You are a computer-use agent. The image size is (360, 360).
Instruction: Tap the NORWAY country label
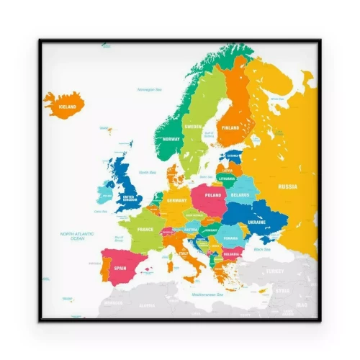pos(171,139)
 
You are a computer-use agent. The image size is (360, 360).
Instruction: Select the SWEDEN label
pos(193,127)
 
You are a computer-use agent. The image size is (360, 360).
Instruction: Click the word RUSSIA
pos(287,186)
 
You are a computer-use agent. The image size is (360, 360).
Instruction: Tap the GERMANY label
pos(176,201)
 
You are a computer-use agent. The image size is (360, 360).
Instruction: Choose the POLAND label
pos(213,195)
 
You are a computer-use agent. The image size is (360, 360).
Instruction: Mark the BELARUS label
pos(240,195)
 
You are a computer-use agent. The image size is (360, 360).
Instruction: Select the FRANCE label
pos(145,229)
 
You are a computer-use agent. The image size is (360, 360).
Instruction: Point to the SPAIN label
pos(120,269)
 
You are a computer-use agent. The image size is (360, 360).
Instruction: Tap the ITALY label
pos(183,253)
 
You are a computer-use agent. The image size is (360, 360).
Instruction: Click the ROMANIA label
pos(230,237)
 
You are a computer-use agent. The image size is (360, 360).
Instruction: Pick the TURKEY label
pos(275,271)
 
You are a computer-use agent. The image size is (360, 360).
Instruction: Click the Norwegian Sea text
pos(148,89)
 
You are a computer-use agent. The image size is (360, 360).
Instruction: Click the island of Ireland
pos(103,194)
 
